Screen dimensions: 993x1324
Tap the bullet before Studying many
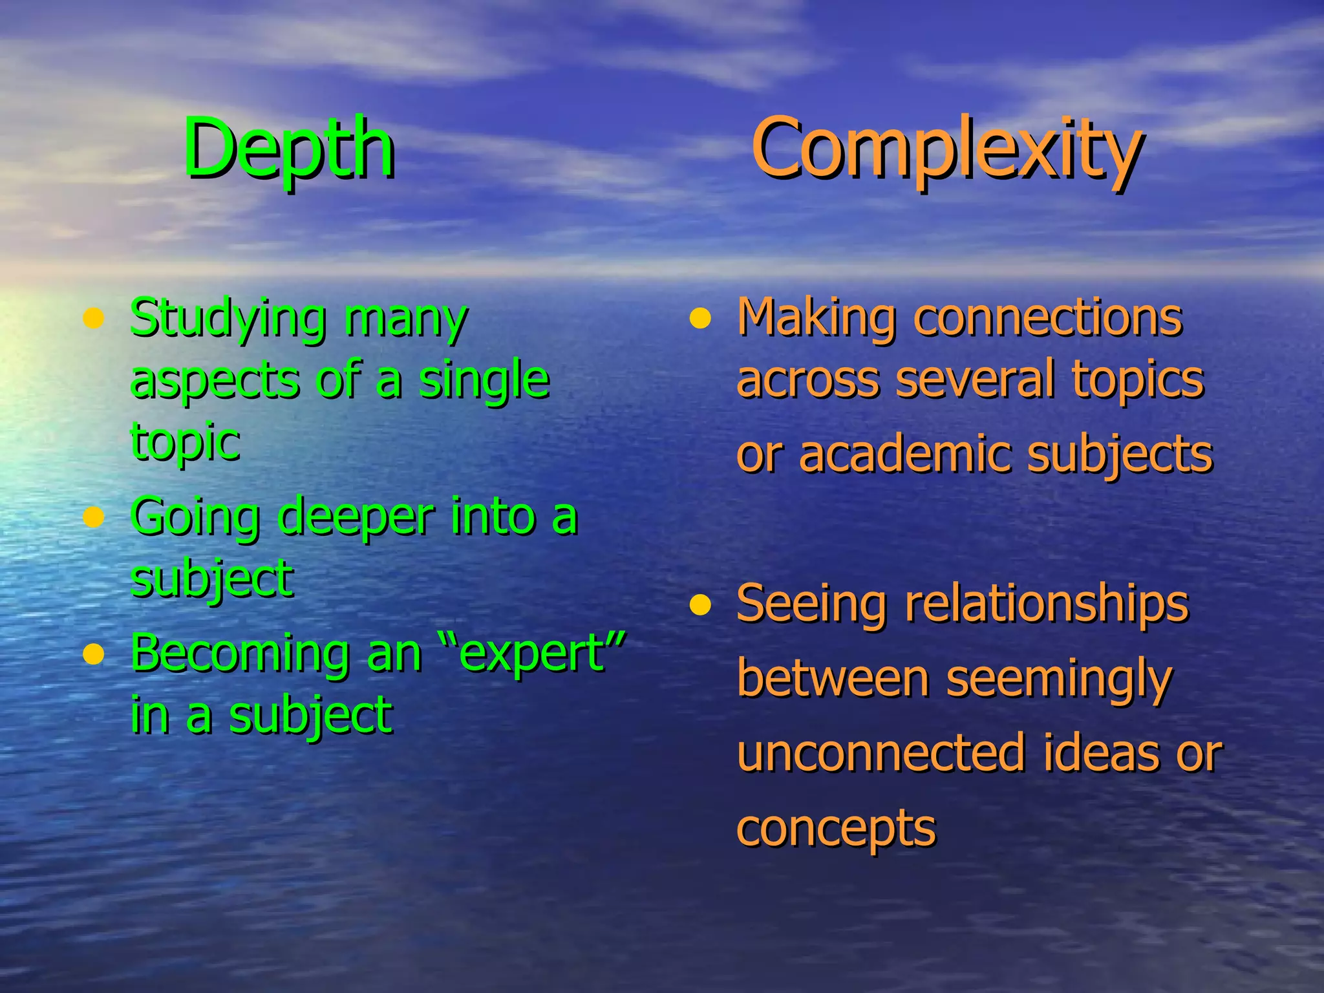tap(94, 318)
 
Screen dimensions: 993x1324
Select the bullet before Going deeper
tap(94, 517)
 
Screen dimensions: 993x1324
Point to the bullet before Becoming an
tap(94, 654)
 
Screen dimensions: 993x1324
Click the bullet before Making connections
tap(699, 318)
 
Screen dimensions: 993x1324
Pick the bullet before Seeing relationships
tap(699, 605)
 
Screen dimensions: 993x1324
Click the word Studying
tap(228, 318)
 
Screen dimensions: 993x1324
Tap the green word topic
tap(186, 442)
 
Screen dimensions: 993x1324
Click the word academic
tap(905, 454)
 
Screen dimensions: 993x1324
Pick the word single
tap(484, 380)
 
